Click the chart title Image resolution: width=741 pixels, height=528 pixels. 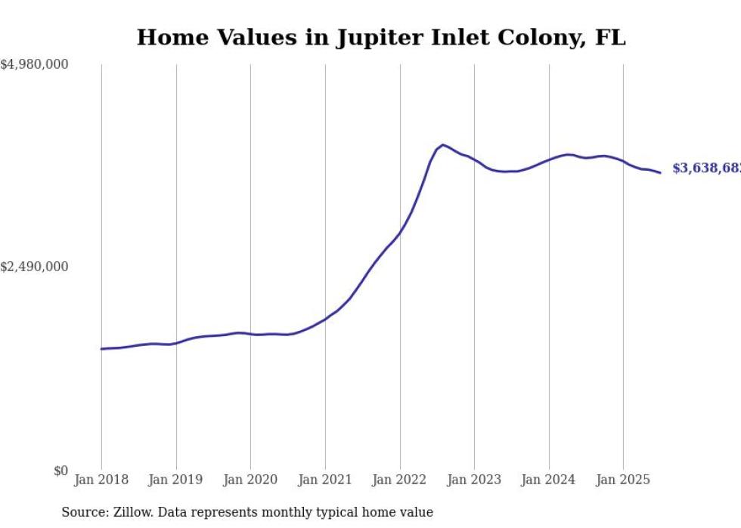coord(381,38)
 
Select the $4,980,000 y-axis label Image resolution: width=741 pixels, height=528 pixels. coord(35,65)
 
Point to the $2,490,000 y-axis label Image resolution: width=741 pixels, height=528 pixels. coord(35,267)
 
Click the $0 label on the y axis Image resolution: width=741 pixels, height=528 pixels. coord(60,471)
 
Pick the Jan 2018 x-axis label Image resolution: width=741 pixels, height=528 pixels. coord(101,480)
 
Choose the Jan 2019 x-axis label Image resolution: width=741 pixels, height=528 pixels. coord(176,480)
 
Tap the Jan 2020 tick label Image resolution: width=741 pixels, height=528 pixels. coord(250,480)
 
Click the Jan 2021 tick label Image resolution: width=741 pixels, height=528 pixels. coord(325,480)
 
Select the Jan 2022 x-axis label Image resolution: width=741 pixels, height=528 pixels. coord(400,480)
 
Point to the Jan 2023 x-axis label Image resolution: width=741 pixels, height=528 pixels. coord(474,480)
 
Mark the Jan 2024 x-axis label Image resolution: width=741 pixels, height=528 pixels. coord(549,480)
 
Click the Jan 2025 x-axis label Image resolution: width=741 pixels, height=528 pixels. coord(623,480)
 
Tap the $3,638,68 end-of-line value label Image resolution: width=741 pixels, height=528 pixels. coord(706,168)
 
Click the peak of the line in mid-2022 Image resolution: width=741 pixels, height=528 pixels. coord(443,144)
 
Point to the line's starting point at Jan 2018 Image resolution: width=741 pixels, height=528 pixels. coord(102,349)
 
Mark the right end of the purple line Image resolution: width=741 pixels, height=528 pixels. coord(660,173)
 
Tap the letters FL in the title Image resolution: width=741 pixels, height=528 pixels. coord(611,38)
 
